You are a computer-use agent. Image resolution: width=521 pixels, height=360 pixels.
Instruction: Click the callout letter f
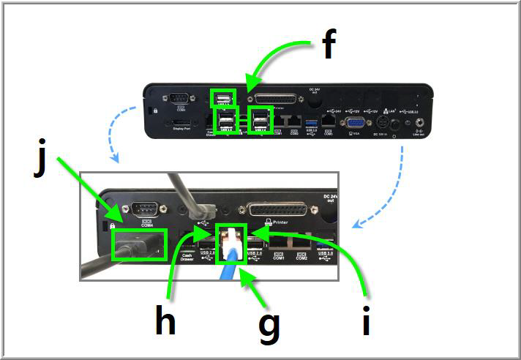tap(329, 45)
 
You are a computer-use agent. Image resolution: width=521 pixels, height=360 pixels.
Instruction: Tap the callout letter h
tap(165, 320)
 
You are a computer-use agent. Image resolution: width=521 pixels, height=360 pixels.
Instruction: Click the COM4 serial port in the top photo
tap(179, 100)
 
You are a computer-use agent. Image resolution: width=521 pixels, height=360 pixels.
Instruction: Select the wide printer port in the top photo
tap(275, 100)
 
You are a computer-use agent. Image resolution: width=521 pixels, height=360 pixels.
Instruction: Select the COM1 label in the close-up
tap(277, 257)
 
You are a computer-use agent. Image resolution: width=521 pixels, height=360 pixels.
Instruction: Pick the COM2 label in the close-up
tap(301, 257)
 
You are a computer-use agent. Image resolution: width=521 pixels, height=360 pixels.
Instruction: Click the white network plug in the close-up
tap(233, 239)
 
